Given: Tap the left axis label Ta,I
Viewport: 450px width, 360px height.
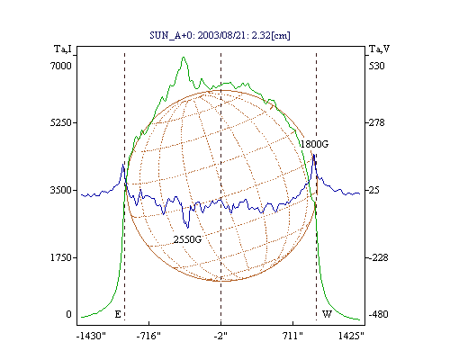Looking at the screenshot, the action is pyautogui.click(x=63, y=49).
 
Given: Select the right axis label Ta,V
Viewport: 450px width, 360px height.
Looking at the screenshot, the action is pyautogui.click(x=379, y=49).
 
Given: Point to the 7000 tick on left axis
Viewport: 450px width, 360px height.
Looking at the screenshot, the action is pyautogui.click(x=61, y=66).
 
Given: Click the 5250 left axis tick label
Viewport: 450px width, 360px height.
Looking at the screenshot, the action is pyautogui.click(x=61, y=122).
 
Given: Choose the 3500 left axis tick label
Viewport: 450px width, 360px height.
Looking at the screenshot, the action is pyautogui.click(x=61, y=190).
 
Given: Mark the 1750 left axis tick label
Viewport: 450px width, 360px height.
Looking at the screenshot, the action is pyautogui.click(x=61, y=257).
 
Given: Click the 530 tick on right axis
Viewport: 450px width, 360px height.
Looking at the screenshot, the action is pyautogui.click(x=376, y=66).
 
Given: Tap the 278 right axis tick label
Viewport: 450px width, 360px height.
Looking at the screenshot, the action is pyautogui.click(x=376, y=122).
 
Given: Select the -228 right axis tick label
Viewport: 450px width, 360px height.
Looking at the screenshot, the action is pyautogui.click(x=378, y=257).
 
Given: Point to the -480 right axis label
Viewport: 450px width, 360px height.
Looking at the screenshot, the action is pyautogui.click(x=378, y=314).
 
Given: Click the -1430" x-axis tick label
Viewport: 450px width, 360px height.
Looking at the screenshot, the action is pyautogui.click(x=91, y=336).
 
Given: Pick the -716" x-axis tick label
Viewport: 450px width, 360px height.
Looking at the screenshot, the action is pyautogui.click(x=148, y=336).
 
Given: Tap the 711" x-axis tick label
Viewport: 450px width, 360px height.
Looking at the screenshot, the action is pyautogui.click(x=292, y=336).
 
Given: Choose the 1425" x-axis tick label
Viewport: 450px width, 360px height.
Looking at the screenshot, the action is pyautogui.click(x=351, y=336).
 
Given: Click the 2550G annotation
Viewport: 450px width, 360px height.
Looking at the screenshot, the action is pyautogui.click(x=187, y=239).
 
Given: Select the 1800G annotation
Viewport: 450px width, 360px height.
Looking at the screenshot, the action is pyautogui.click(x=314, y=144).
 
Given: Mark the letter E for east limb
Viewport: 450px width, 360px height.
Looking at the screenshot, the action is pyautogui.click(x=118, y=314).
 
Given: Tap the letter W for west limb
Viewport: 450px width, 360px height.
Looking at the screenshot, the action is pyautogui.click(x=327, y=314).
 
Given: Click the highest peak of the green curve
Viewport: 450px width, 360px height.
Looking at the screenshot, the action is pyautogui.click(x=184, y=57).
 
